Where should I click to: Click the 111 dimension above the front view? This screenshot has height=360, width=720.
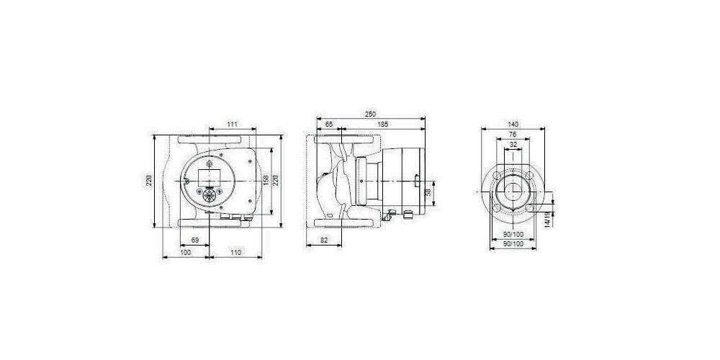tap(233, 125)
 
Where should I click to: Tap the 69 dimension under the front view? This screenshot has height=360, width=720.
tap(194, 239)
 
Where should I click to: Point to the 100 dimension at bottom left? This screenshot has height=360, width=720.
tap(186, 252)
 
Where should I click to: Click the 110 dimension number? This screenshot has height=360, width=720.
tap(235, 252)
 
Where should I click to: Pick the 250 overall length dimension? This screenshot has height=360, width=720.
tap(370, 114)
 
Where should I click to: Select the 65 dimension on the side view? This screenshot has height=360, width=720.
tap(329, 125)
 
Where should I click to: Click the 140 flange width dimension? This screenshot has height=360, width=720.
tap(513, 124)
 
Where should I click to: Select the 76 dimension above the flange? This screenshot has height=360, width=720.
tap(512, 134)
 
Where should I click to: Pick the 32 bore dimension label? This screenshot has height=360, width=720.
tap(512, 145)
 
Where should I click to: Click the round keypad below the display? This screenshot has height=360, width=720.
tap(208, 196)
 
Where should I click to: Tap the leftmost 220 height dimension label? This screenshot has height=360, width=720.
tap(149, 179)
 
